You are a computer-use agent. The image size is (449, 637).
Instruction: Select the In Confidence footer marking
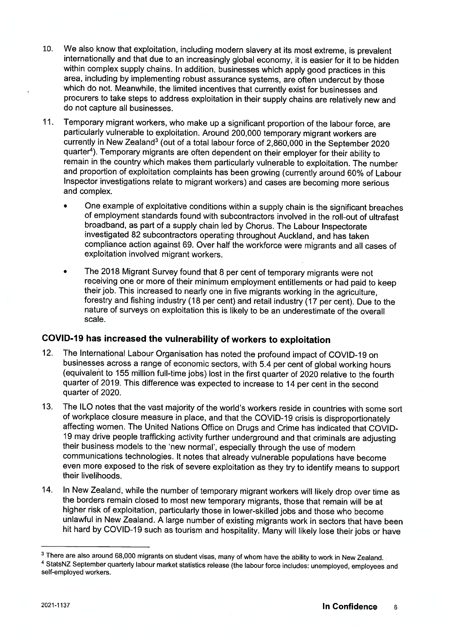pos(349,607)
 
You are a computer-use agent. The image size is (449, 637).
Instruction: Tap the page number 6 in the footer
pos(395,608)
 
